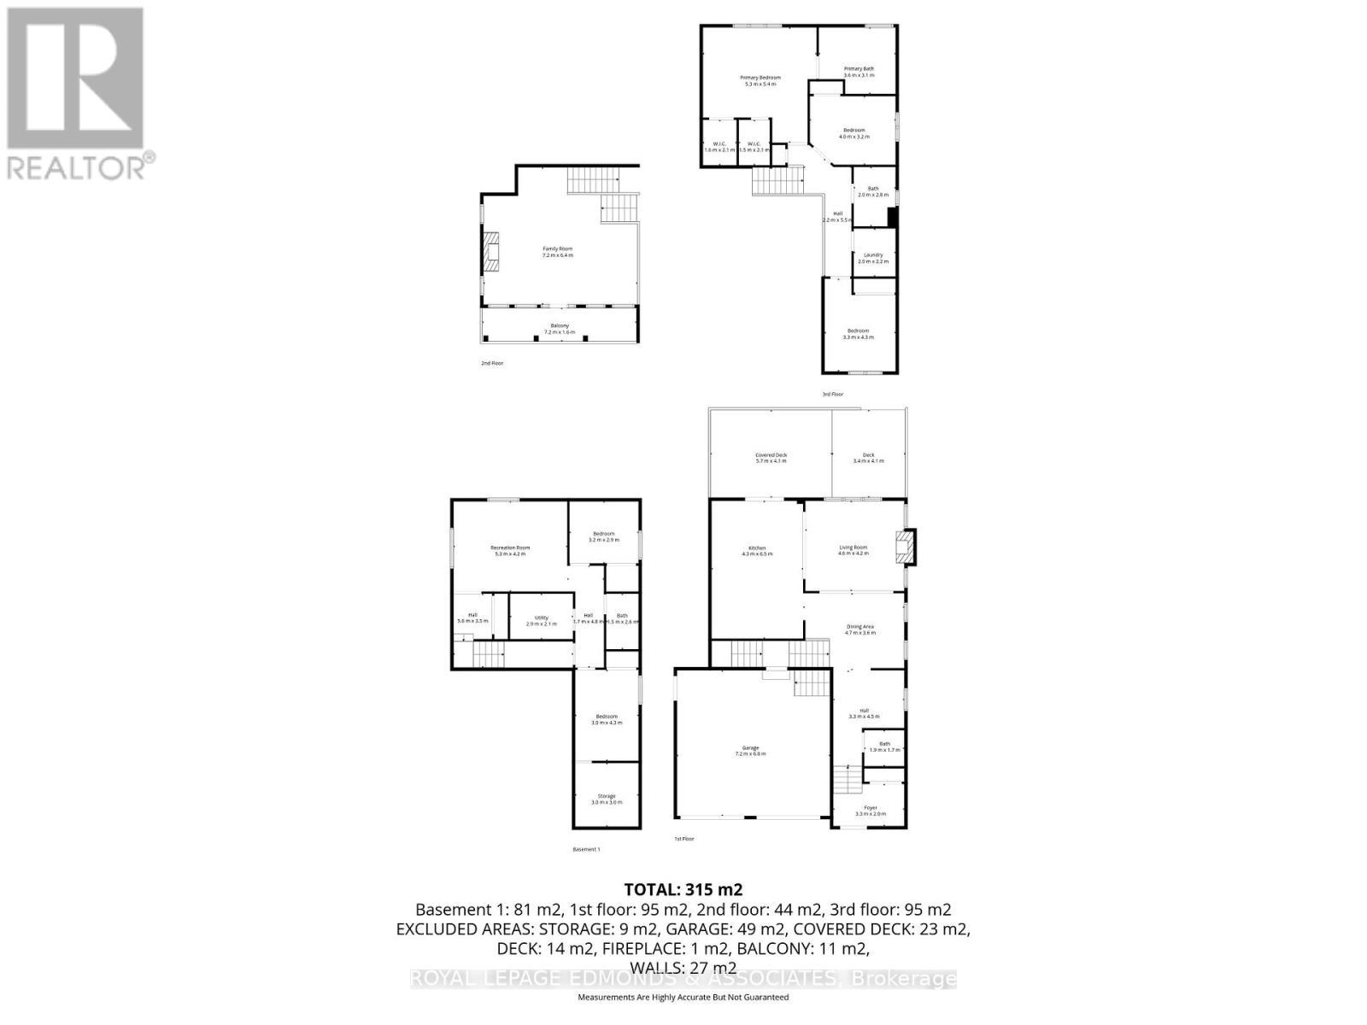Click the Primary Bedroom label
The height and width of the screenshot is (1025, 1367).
(x=760, y=80)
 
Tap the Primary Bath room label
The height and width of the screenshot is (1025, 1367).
(x=859, y=72)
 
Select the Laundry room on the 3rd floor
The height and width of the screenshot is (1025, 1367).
(x=872, y=257)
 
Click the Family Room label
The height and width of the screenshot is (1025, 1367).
(x=557, y=251)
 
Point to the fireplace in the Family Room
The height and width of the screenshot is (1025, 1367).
(x=490, y=253)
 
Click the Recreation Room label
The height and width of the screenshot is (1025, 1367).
(x=510, y=550)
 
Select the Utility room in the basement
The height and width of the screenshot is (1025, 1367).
(x=541, y=620)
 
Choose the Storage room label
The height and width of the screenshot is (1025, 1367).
(x=606, y=799)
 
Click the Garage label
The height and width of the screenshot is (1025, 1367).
(x=750, y=750)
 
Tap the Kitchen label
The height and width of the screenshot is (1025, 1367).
(x=757, y=550)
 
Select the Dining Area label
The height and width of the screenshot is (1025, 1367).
(x=860, y=630)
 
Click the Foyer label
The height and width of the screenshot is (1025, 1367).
(x=870, y=810)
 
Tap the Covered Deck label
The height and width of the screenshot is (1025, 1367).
(x=770, y=458)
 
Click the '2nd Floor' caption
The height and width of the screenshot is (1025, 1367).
(x=492, y=363)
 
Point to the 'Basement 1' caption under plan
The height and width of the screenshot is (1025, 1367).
(x=586, y=849)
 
